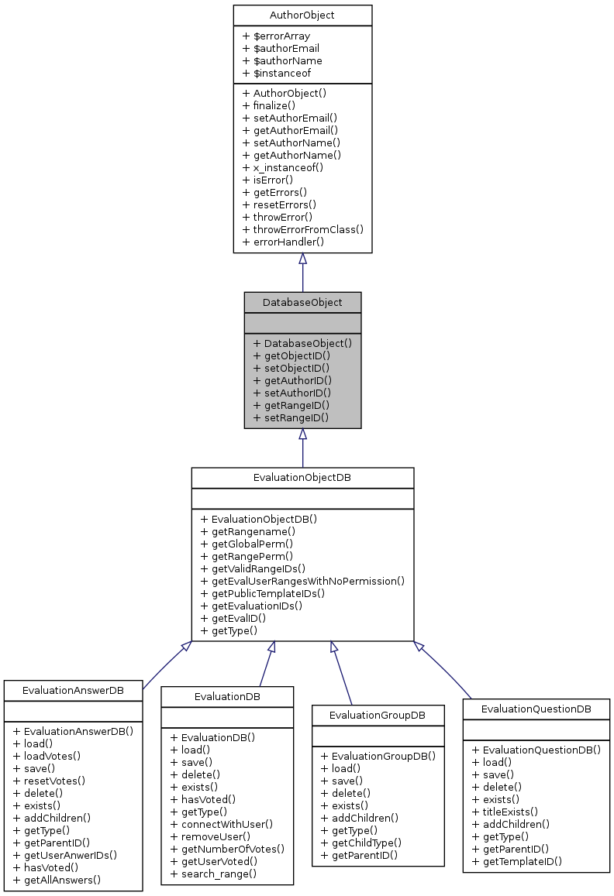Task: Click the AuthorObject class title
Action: [302, 15]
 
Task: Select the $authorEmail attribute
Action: [281, 48]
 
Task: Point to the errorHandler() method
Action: [283, 242]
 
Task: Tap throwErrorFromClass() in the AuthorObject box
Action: [302, 229]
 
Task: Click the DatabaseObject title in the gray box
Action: [302, 302]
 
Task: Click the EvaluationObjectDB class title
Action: [302, 478]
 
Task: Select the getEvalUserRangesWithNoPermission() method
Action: [302, 581]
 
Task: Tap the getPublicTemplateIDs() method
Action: [263, 593]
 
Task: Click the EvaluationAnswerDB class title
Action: [73, 690]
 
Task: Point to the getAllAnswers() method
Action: [62, 880]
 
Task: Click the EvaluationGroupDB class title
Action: [378, 715]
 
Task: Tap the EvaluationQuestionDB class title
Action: [536, 709]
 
